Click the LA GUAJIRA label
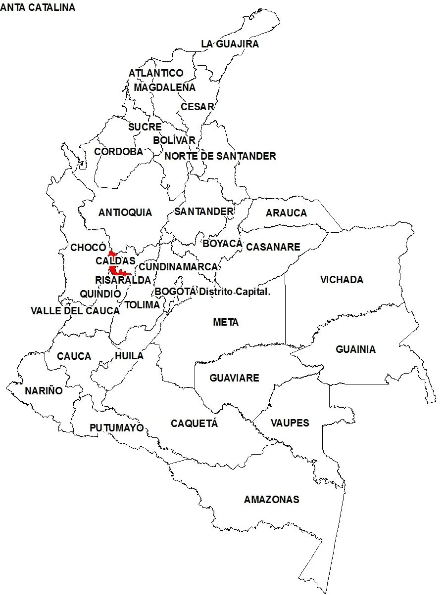230,44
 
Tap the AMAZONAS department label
271,500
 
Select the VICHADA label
342,280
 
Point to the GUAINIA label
355,350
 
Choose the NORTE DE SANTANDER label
220,157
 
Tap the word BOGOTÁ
175,292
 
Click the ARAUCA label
286,213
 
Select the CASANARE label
273,247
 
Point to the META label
226,323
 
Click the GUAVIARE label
234,379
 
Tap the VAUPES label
290,423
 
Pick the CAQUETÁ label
194,424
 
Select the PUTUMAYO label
116,428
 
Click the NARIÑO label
44,391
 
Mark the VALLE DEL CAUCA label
75,311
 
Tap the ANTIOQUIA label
125,213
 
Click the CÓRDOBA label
118,152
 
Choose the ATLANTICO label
156,73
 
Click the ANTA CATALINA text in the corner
38,7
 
